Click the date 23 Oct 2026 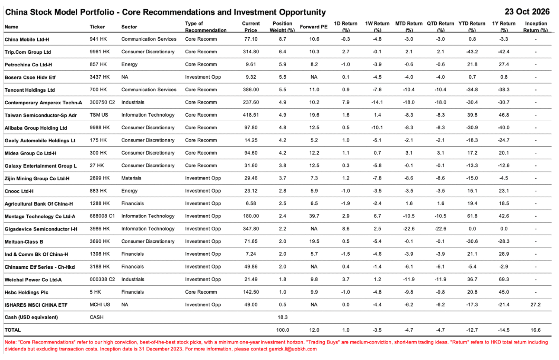[x=527, y=12]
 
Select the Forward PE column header [x=314, y=27]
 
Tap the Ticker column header [x=97, y=27]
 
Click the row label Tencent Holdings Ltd [x=30, y=90]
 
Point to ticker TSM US [x=99, y=115]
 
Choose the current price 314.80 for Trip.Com [x=251, y=51]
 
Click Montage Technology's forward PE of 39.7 [x=314, y=216]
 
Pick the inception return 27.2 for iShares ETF [x=536, y=305]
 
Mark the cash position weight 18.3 [x=283, y=318]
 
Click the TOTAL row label [x=13, y=330]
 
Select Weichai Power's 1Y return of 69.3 [x=504, y=280]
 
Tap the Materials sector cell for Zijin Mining [x=131, y=178]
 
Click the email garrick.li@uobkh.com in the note [x=293, y=349]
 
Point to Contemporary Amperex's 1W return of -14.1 [x=377, y=102]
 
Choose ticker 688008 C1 [x=102, y=216]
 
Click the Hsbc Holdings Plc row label [x=27, y=292]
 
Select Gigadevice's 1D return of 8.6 [x=345, y=229]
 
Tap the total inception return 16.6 [x=536, y=330]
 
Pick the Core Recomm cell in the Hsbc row [x=201, y=292]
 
